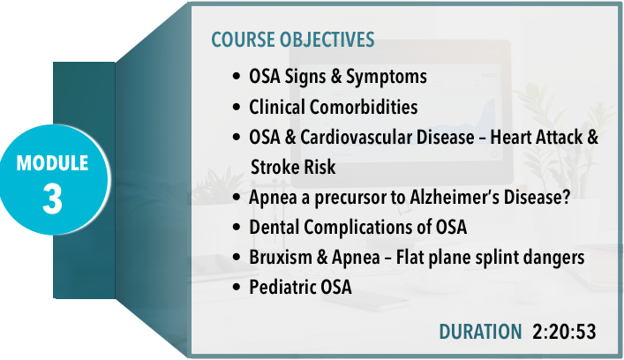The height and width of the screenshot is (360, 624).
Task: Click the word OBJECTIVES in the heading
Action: point(327,40)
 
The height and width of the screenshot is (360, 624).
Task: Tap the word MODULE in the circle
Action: point(52,163)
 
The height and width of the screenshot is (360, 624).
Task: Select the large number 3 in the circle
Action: point(53,199)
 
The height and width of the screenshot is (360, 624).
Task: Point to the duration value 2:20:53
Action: point(564,332)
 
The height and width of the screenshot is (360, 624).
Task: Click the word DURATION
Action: point(480,332)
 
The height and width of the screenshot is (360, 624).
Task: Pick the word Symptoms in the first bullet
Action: point(387,77)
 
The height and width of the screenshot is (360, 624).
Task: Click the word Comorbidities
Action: point(364,107)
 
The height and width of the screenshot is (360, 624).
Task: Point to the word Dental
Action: point(274,227)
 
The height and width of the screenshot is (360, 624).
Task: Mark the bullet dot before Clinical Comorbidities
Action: point(237,107)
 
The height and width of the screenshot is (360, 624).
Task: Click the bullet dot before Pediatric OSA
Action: point(237,287)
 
